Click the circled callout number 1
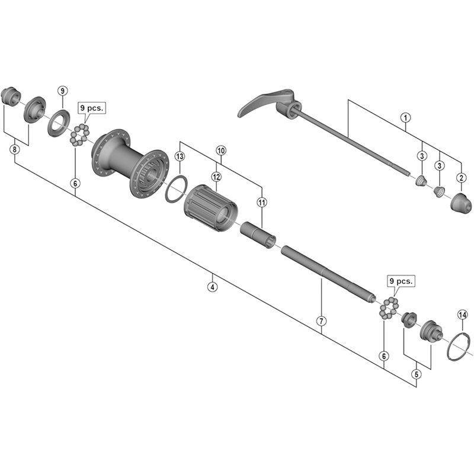pyautogui.click(x=405, y=117)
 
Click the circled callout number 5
pyautogui.click(x=417, y=374)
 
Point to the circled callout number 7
pyautogui.click(x=321, y=321)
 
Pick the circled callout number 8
pyautogui.click(x=14, y=150)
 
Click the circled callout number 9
pyautogui.click(x=63, y=91)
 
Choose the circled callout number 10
pyautogui.click(x=221, y=151)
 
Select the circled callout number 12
pyautogui.click(x=216, y=177)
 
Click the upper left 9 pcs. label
pyautogui.click(x=92, y=109)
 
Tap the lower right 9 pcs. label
pyautogui.click(x=401, y=281)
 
